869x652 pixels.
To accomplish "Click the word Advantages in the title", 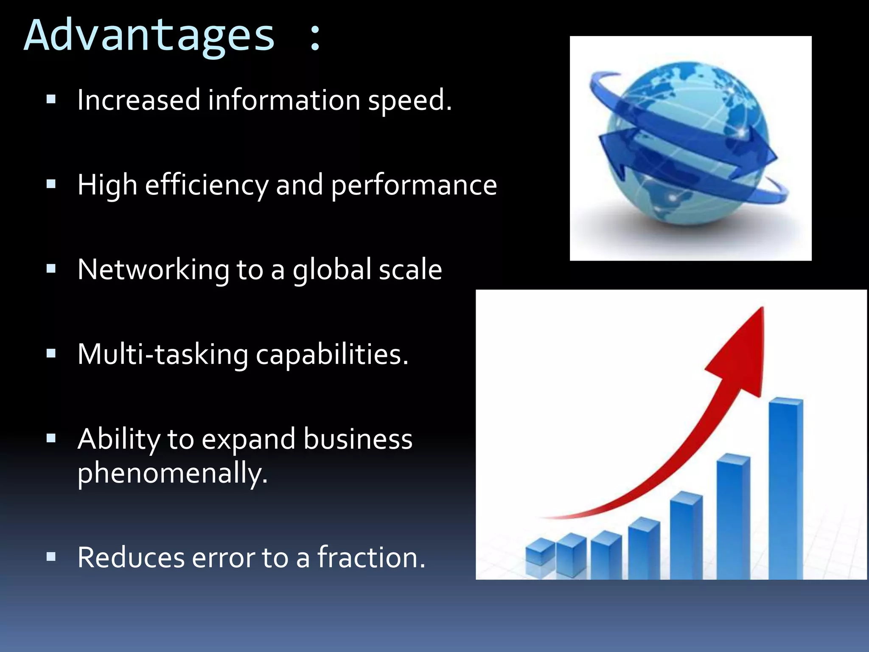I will (x=149, y=36).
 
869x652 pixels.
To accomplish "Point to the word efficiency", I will (x=207, y=185).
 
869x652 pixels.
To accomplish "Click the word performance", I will (x=414, y=185).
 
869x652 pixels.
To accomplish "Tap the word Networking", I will (x=153, y=270).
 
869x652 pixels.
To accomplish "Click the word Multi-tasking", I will (x=163, y=354).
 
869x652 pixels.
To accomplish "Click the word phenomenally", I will (x=172, y=473).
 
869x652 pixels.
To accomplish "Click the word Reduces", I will (x=131, y=557).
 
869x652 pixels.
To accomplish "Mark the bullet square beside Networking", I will (x=51, y=269).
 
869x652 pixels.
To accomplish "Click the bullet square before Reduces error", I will (x=51, y=556).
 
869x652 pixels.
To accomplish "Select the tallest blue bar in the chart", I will (x=785, y=488).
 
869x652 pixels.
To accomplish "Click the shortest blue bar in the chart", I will (x=540, y=552).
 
